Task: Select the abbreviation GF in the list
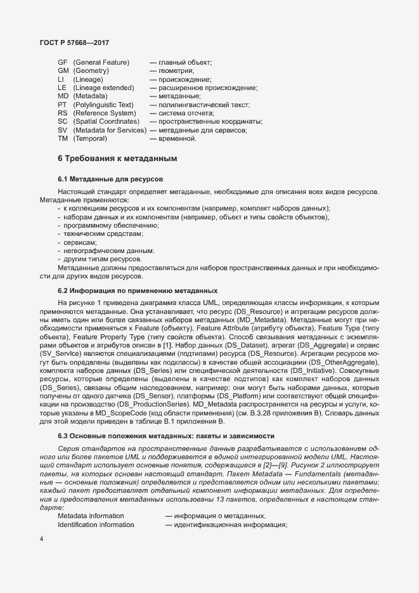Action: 62,62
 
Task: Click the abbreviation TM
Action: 62,138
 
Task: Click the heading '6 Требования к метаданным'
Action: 117,158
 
